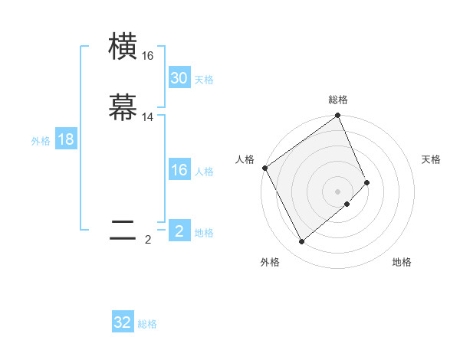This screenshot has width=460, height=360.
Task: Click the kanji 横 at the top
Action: [123, 47]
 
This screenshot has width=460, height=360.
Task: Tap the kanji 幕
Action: [123, 108]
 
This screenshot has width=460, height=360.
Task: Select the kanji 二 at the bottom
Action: [123, 231]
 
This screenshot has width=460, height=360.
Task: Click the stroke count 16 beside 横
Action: [147, 56]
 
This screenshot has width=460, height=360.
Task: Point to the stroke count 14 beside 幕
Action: [147, 117]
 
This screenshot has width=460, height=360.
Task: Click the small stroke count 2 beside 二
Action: [148, 240]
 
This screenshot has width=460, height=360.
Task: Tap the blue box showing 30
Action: [179, 78]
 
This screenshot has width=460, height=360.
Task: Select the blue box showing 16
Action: [179, 171]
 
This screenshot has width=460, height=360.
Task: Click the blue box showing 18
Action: [66, 139]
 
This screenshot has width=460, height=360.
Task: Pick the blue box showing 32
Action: [123, 322]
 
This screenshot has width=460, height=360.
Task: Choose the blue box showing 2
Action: [179, 231]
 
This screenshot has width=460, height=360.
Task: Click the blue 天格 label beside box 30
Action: [204, 80]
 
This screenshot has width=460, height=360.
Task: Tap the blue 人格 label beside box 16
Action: [204, 172]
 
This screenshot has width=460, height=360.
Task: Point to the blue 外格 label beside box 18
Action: [41, 141]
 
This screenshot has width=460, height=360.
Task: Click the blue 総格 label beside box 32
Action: [148, 324]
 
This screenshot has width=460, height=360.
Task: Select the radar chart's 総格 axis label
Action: [338, 100]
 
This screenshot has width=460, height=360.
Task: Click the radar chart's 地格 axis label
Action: [402, 262]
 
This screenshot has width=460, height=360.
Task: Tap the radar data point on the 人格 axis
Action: [265, 168]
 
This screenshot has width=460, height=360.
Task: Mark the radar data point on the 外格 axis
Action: [301, 242]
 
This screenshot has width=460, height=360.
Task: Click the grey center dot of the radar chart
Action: [338, 191]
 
